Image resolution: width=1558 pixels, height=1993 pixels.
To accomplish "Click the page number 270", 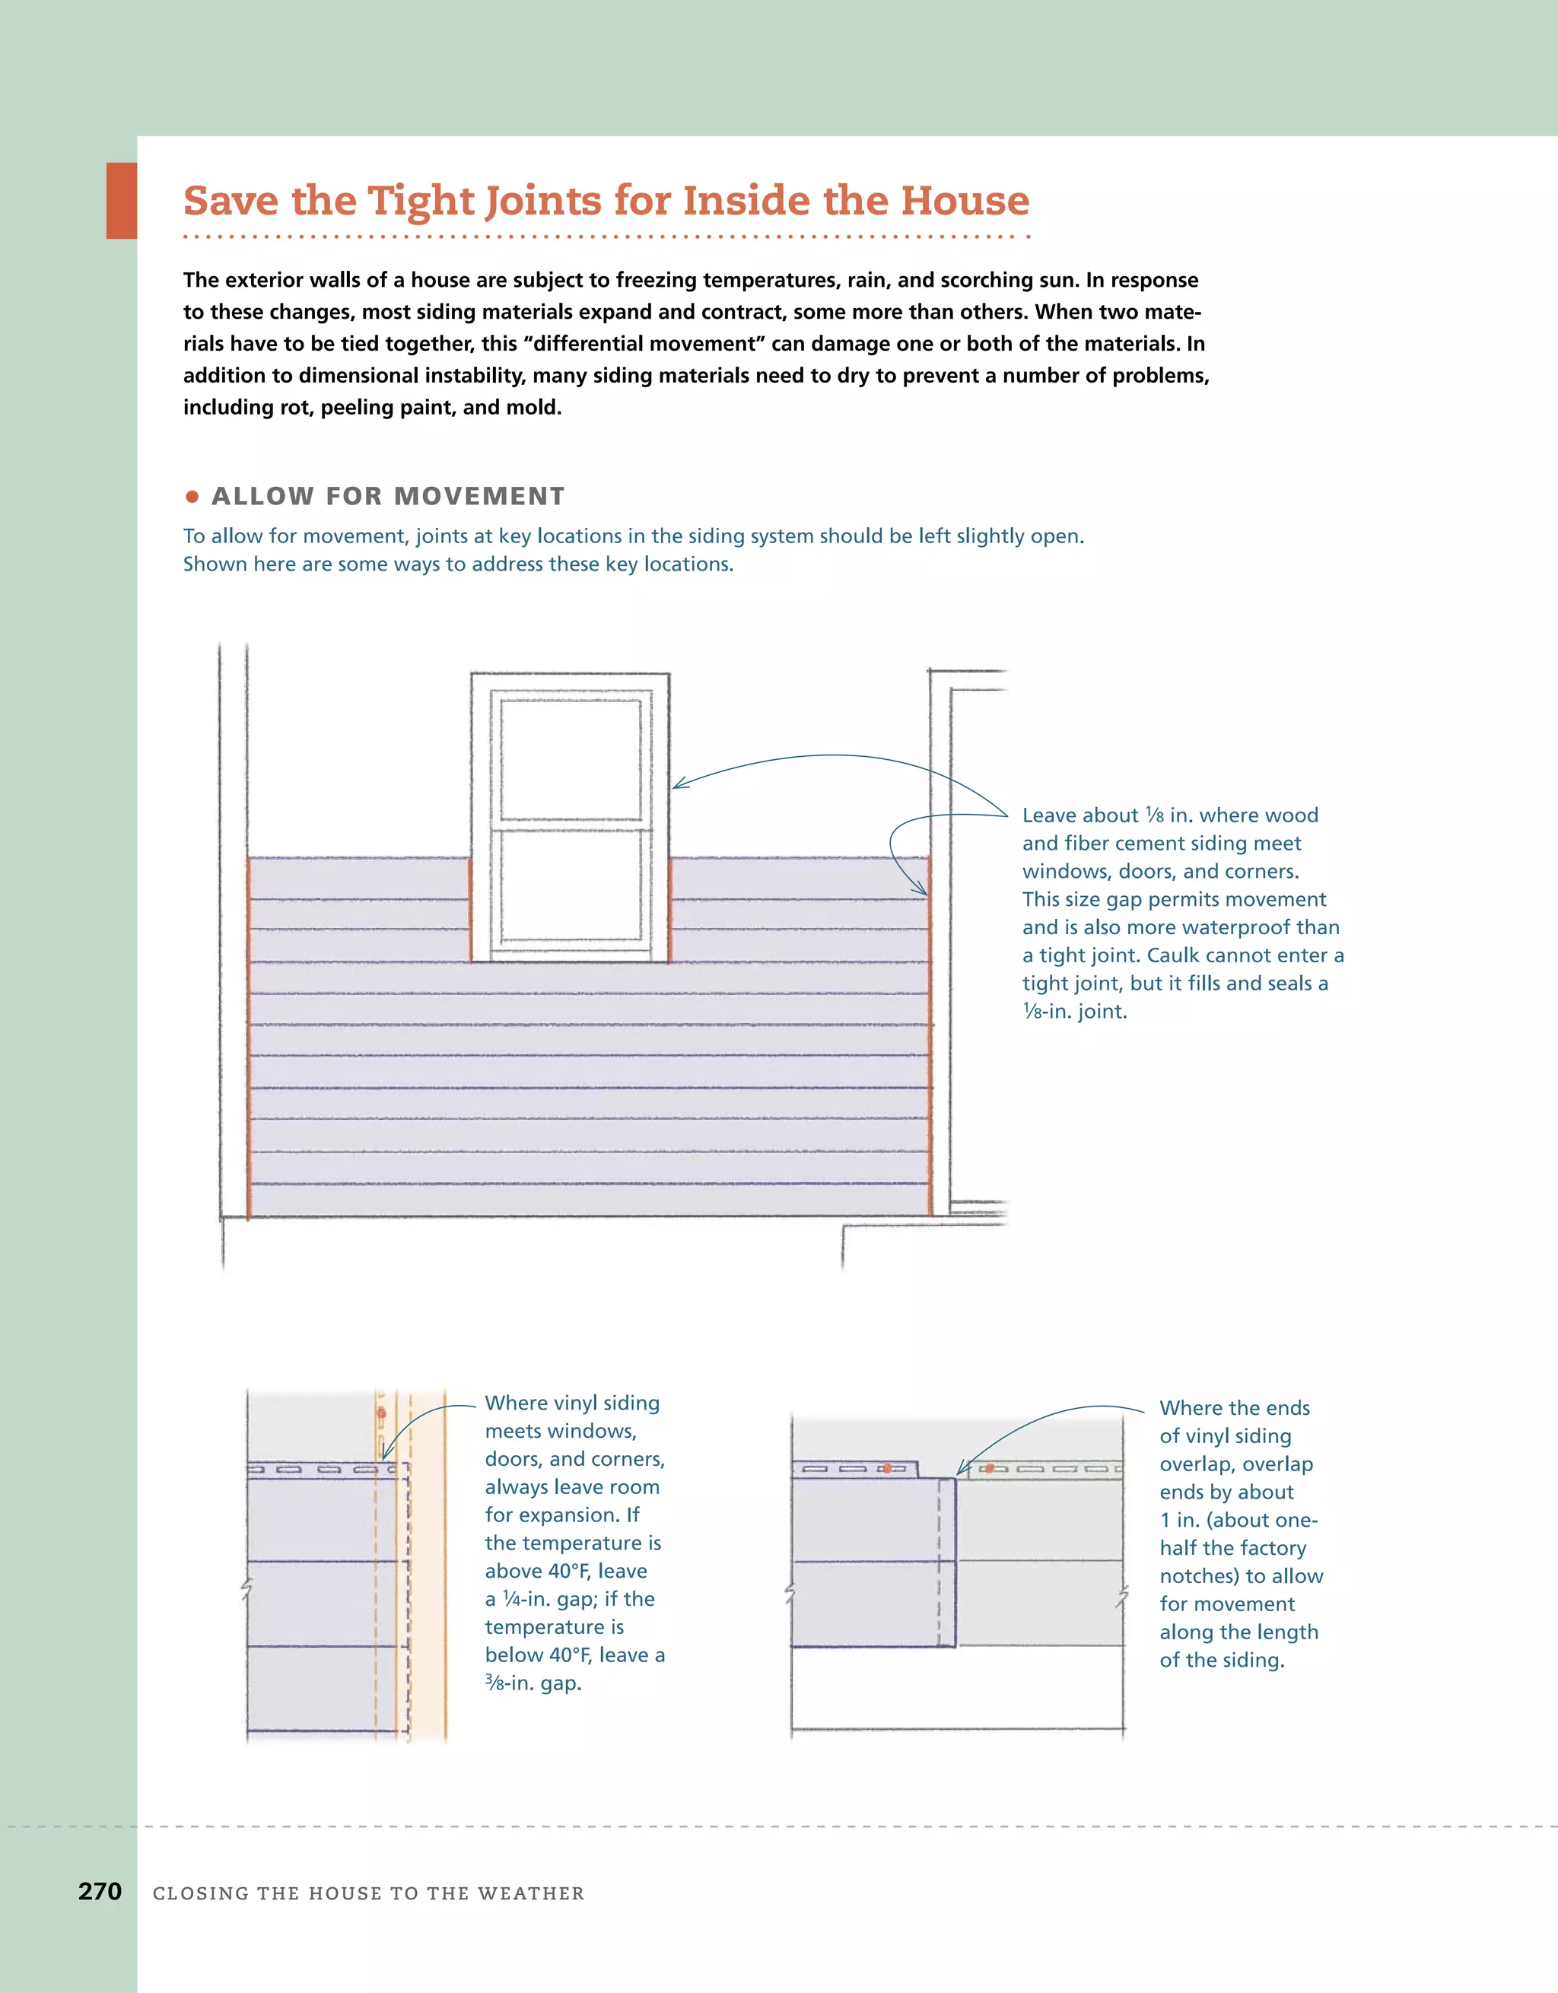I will pyautogui.click(x=100, y=1891).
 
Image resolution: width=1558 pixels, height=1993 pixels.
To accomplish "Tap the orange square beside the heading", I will pyautogui.click(x=122, y=201).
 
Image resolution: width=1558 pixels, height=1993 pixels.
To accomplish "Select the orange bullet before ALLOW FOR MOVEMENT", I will pyautogui.click(x=192, y=497).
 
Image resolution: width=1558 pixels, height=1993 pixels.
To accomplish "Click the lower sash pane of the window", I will pyautogui.click(x=571, y=887).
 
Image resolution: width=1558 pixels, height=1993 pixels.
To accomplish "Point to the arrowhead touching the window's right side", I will pyautogui.click(x=678, y=785).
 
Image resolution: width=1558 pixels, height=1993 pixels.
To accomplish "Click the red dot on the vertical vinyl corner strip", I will pyautogui.click(x=382, y=1413).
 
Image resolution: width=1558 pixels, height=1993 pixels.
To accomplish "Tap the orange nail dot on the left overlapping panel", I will pyautogui.click(x=886, y=1468).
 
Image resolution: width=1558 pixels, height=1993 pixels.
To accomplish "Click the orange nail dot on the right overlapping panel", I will pyautogui.click(x=990, y=1468).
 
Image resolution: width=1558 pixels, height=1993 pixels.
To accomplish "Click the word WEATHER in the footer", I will pyautogui.click(x=530, y=1893).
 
